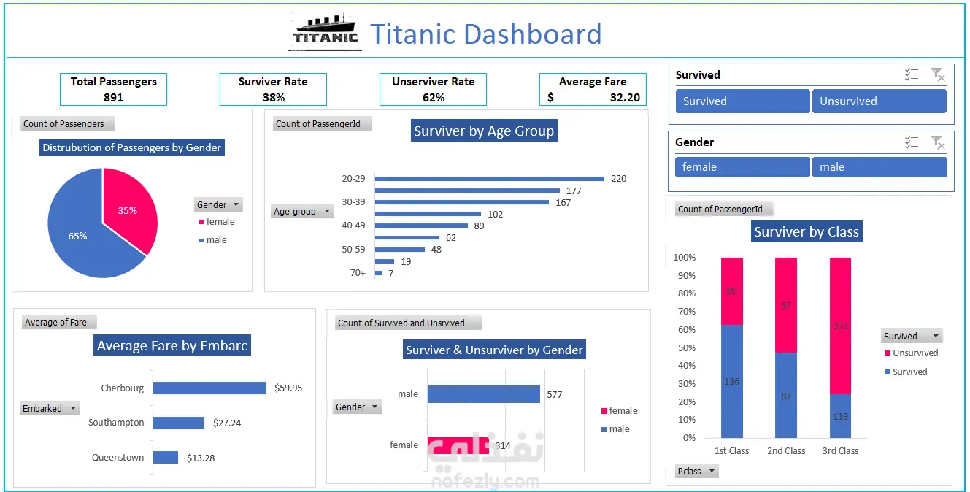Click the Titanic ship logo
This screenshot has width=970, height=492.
click(x=326, y=32)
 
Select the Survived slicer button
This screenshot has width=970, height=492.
click(x=742, y=101)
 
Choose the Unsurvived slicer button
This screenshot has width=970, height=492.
click(x=879, y=101)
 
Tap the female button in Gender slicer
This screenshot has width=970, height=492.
click(x=742, y=167)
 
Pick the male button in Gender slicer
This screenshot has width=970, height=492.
click(x=879, y=167)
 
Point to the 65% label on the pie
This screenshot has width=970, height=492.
click(x=77, y=236)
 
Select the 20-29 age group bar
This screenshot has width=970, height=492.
click(x=489, y=179)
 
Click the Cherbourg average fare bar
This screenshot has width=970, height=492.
click(x=209, y=388)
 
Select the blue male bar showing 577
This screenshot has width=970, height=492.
click(x=483, y=394)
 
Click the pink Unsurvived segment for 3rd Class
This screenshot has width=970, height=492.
click(x=840, y=325)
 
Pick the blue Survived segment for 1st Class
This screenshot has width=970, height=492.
click(x=731, y=381)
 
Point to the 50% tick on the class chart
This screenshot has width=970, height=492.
click(x=685, y=348)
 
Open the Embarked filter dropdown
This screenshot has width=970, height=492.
click(x=72, y=409)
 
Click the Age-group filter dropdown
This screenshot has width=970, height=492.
click(x=326, y=212)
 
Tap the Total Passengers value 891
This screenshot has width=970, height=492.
click(x=113, y=97)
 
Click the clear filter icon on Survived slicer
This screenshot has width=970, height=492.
click(x=938, y=74)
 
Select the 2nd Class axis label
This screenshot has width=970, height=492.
click(x=786, y=451)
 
